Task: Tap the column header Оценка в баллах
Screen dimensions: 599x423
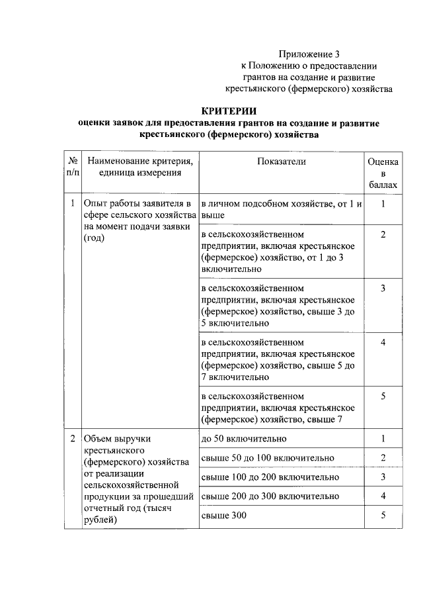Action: tap(383, 173)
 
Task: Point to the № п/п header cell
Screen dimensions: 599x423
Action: tap(72, 167)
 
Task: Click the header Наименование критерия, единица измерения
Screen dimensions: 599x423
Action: tap(139, 167)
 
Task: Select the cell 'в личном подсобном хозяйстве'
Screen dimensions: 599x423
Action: tap(282, 209)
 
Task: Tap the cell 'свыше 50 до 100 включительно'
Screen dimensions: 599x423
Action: tap(266, 458)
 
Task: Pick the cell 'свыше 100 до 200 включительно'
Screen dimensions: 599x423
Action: tap(269, 477)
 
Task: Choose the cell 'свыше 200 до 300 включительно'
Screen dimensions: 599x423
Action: tap(269, 496)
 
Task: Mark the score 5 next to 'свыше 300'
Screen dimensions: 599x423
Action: tap(383, 516)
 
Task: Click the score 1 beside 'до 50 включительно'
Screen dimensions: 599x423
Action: tap(383, 439)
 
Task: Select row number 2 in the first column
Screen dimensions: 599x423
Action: tap(72, 439)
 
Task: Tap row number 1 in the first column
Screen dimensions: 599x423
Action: tap(72, 203)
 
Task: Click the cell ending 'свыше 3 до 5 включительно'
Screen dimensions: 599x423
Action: tap(282, 306)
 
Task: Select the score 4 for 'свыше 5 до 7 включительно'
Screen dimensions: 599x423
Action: tap(383, 342)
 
